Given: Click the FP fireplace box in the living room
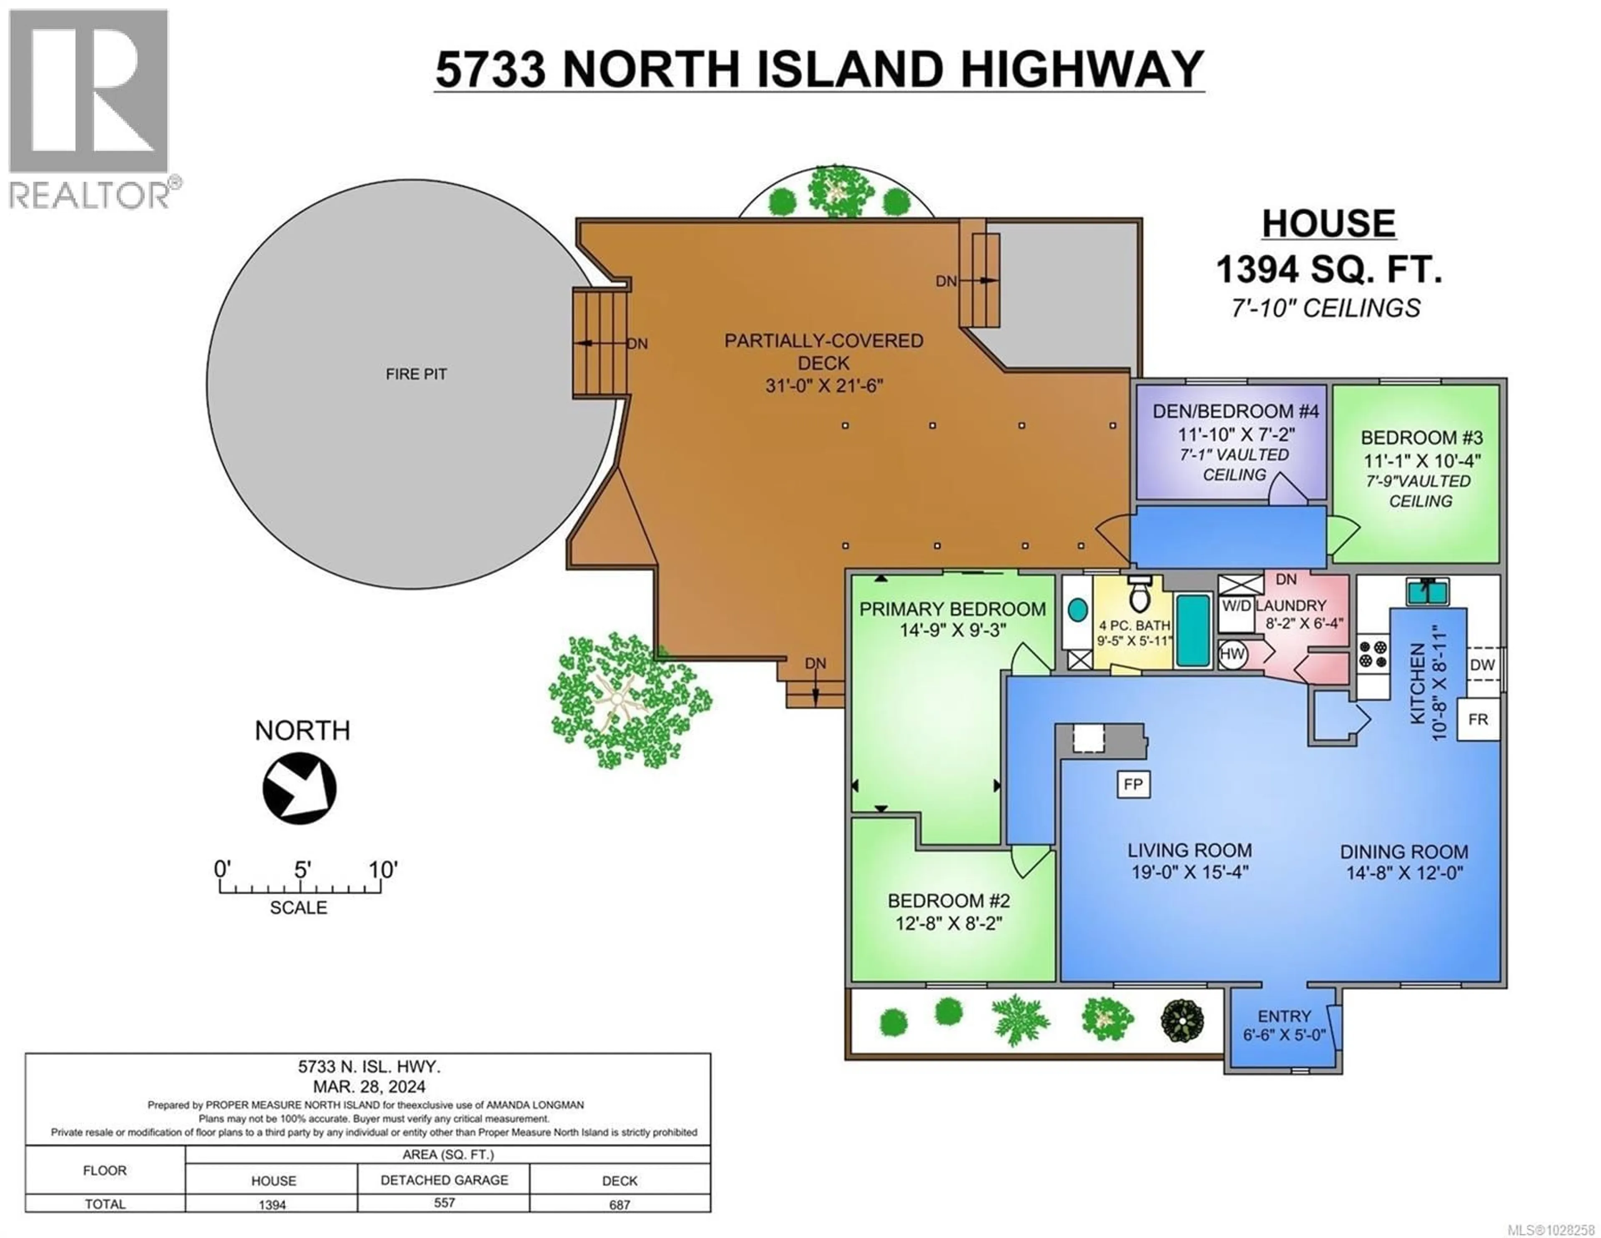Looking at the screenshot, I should pos(1132,784).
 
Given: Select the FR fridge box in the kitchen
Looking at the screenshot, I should pos(1478,720).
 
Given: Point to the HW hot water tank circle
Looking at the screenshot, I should pos(1232,654).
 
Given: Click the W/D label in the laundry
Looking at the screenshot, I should pos(1236,606).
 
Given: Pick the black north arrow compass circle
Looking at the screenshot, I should pos(299,789).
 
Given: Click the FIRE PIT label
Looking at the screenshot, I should pos(416,374).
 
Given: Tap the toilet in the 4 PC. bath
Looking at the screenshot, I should pos(1139,595).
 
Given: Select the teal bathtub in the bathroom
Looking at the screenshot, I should pos(1193,630).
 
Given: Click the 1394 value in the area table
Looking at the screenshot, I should pos(272,1204).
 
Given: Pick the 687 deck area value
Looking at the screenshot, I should pos(620,1204).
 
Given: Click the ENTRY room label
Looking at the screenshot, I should pos(1284,1016).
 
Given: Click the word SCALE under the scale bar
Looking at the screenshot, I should pos(299,907).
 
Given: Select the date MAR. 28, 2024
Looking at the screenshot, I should pos(368,1086).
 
